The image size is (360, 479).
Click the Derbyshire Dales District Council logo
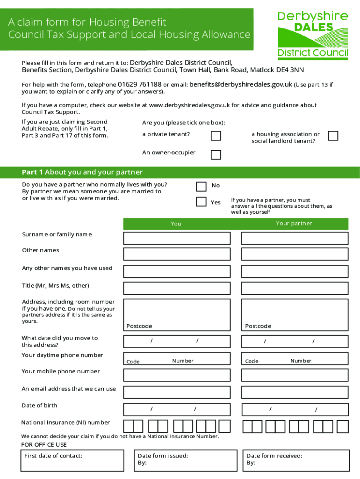313,36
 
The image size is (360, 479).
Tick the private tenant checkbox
216,136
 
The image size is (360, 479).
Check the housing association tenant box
333,136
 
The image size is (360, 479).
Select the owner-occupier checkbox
216,154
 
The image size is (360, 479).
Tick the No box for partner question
201,187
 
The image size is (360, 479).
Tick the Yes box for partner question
201,202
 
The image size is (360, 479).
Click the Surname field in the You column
177,238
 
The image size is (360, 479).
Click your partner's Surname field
295,238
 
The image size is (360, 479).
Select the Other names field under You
177,254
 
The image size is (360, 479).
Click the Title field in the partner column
295,288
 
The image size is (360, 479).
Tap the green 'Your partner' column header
295,224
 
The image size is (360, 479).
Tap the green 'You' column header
177,224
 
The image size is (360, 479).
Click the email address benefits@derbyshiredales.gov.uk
241,85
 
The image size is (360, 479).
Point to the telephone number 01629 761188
139,85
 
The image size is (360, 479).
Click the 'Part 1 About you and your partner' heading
82,172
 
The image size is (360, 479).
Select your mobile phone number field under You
177,375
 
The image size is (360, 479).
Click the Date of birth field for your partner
295,410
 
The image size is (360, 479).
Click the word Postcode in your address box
139,326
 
